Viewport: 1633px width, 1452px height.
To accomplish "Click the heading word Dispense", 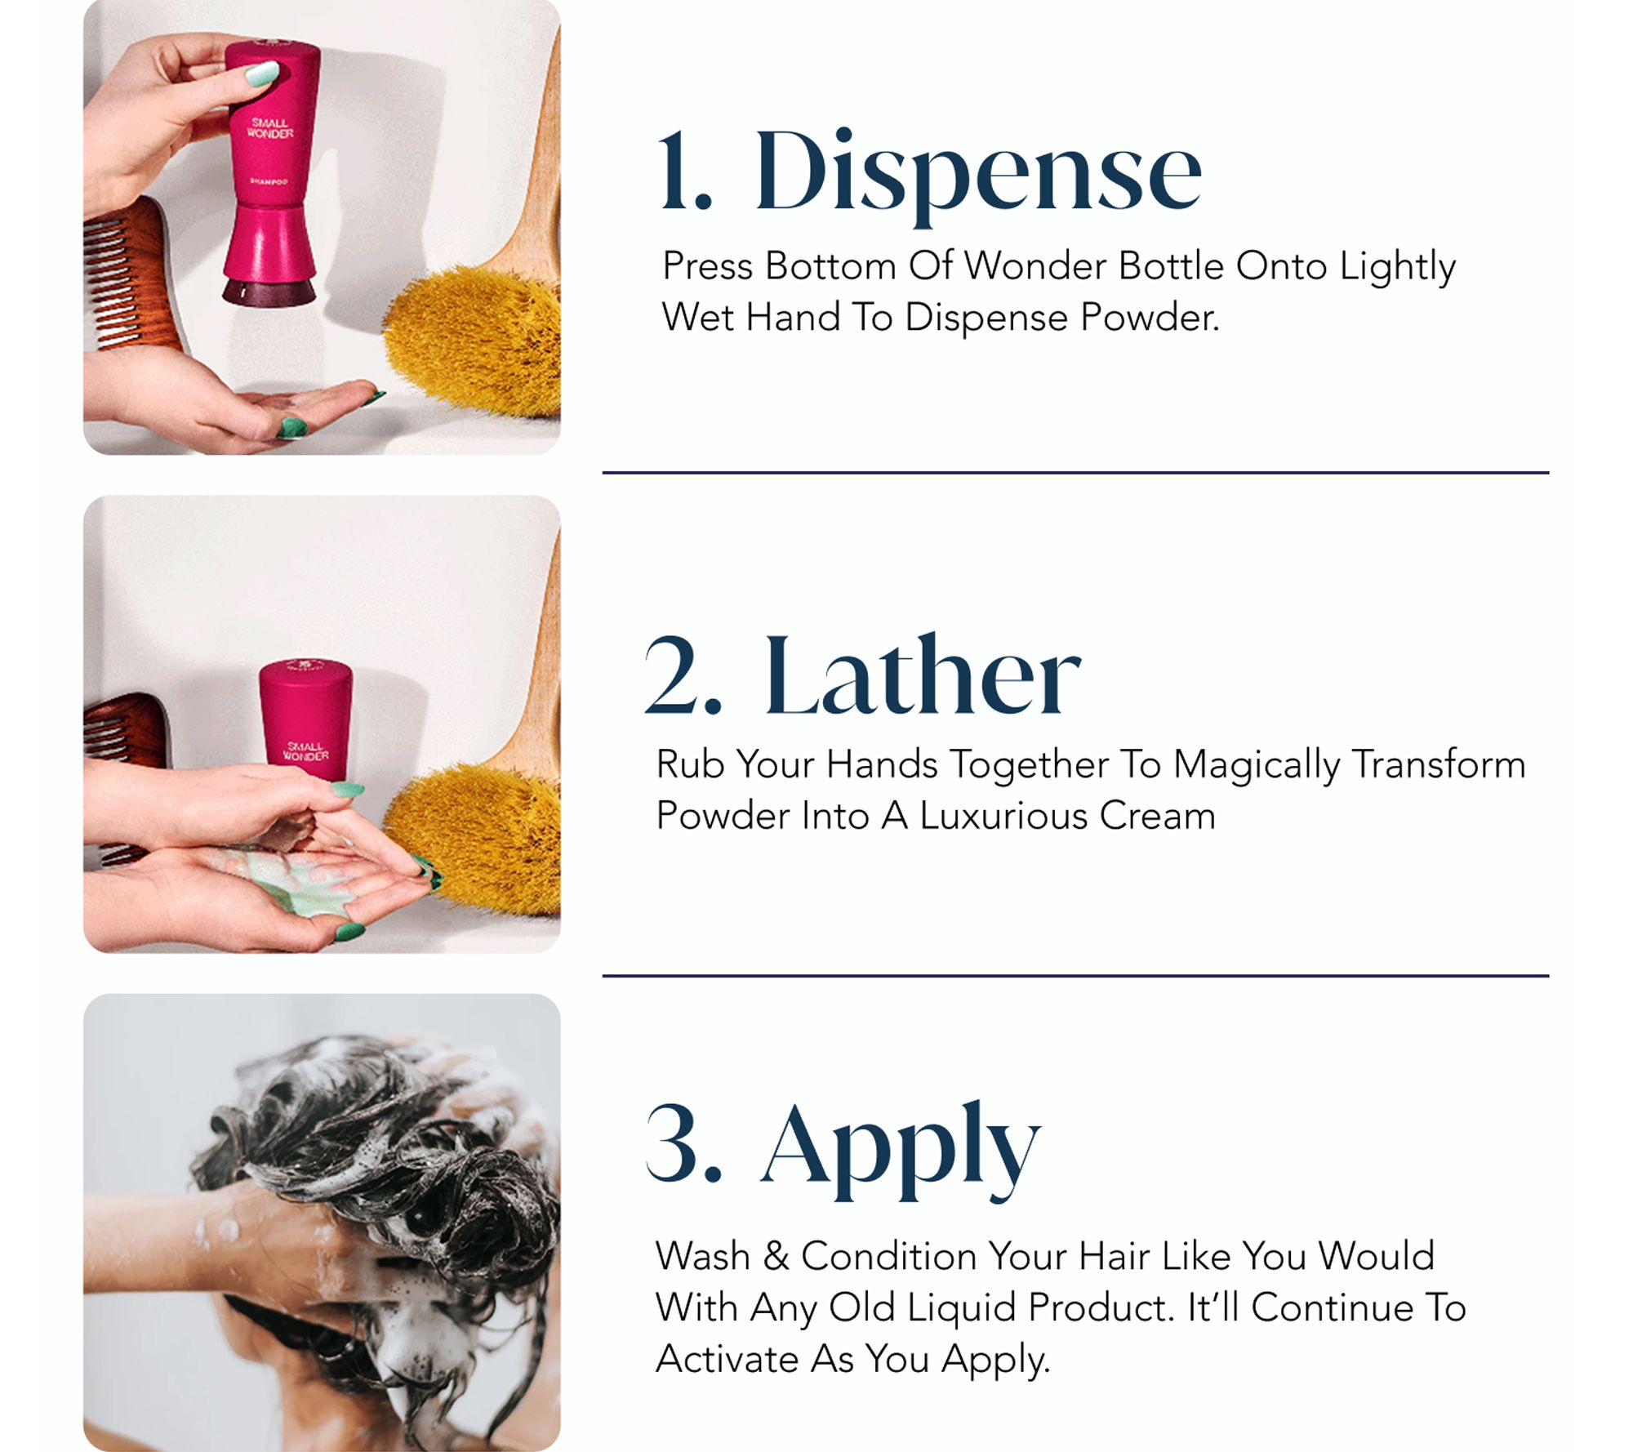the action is coord(977,175).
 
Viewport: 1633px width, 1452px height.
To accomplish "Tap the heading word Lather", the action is coord(923,675).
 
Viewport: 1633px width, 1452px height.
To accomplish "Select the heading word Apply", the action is coord(901,1151).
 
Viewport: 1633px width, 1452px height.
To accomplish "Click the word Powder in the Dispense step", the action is coord(1150,317).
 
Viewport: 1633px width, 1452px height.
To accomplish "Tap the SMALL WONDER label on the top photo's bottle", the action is coord(270,128).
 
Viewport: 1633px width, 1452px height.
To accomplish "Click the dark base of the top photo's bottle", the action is coord(269,292).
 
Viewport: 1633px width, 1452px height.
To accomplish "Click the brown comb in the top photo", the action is coord(131,274).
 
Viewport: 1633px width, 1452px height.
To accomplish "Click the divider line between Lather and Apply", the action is coord(1075,975).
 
